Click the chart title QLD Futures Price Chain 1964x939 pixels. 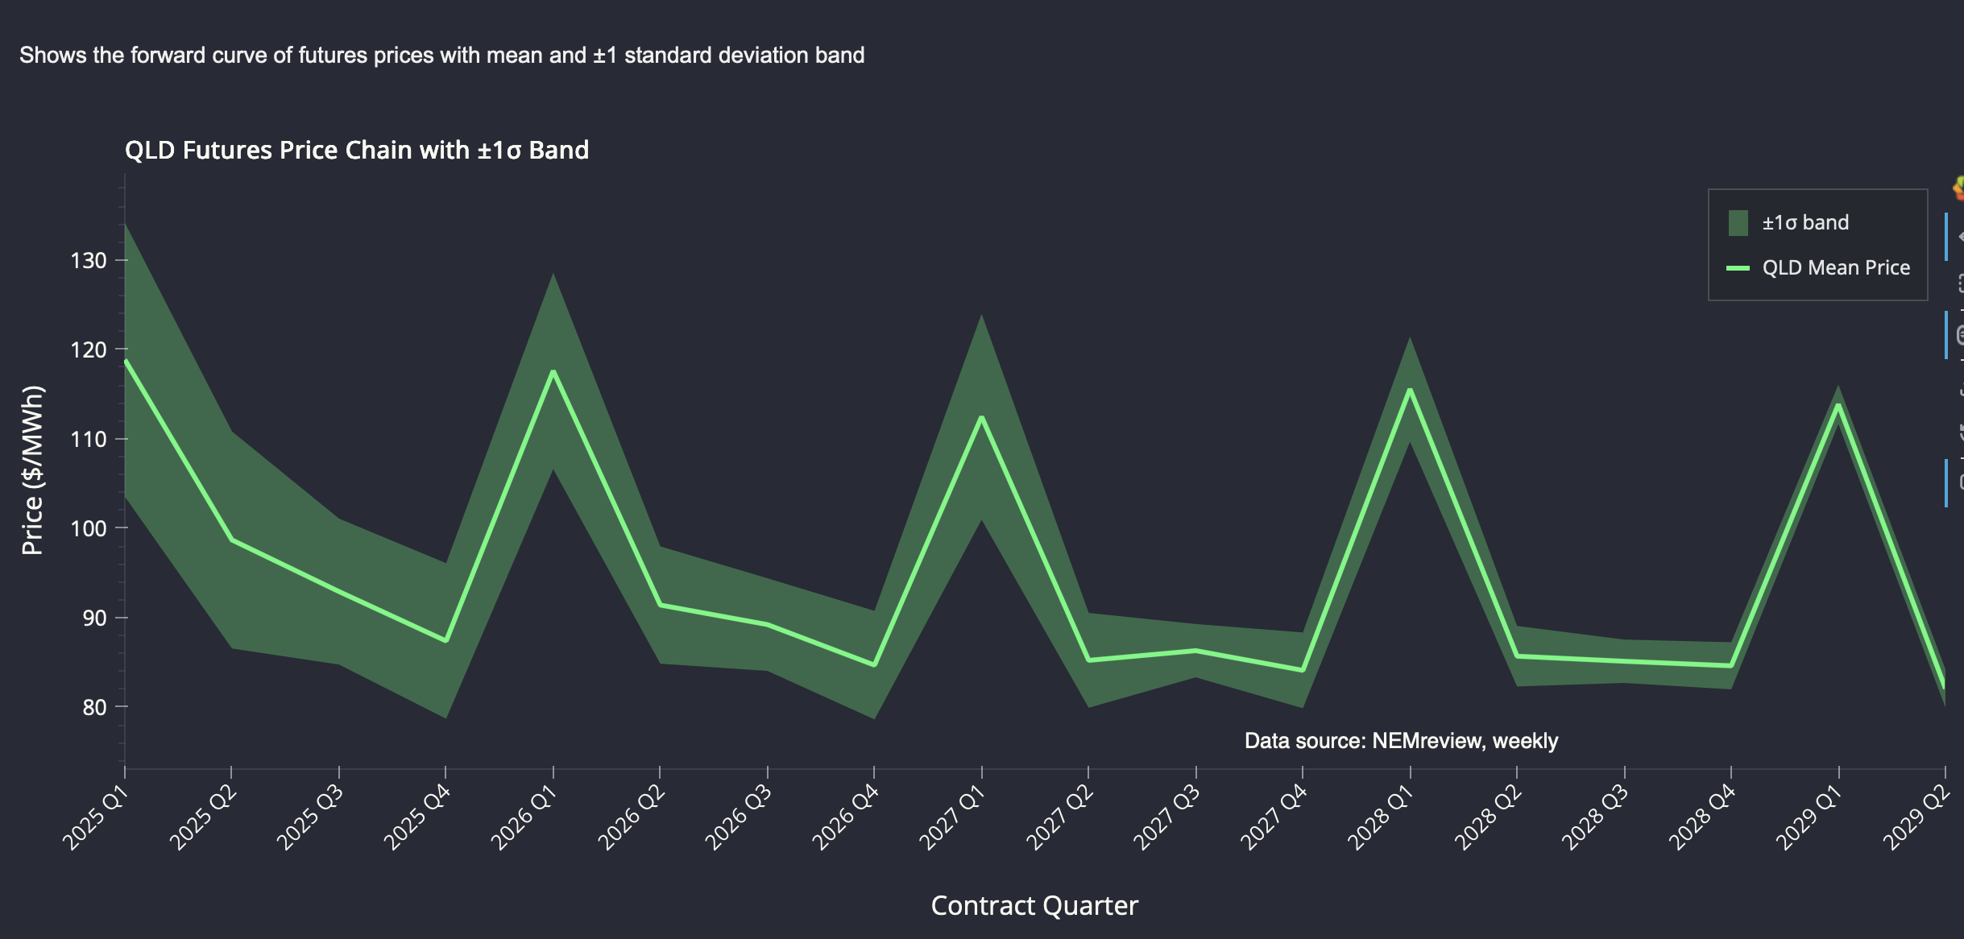click(x=356, y=151)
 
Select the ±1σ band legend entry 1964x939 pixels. click(x=1804, y=223)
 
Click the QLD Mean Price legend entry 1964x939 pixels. click(x=1835, y=268)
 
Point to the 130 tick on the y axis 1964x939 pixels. click(x=89, y=261)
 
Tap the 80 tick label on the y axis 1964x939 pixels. click(x=93, y=707)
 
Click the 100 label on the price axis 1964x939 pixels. click(x=89, y=528)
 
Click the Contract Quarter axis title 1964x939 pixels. click(x=1034, y=906)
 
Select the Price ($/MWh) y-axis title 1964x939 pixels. click(x=32, y=470)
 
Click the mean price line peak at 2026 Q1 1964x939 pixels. click(x=553, y=371)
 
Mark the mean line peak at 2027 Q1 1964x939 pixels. click(x=981, y=417)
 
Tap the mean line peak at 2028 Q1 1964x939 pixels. click(x=1410, y=390)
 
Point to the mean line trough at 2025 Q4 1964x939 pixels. click(x=445, y=640)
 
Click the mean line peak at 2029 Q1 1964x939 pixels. click(x=1838, y=404)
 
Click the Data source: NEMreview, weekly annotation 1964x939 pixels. click(x=1401, y=741)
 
